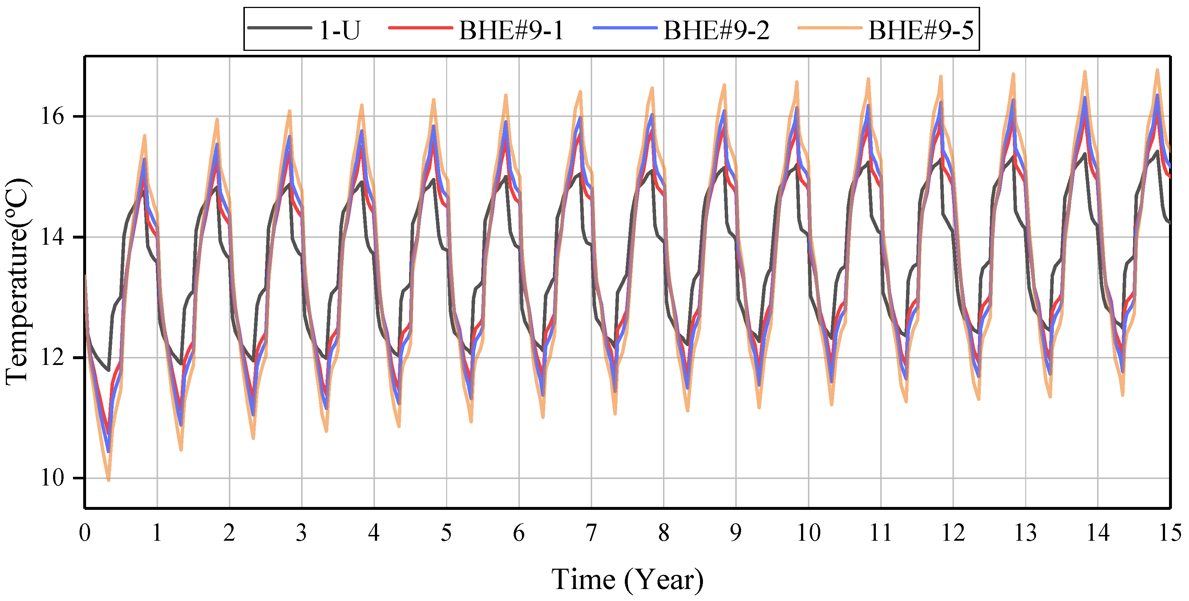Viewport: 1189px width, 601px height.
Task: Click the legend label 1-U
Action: (339, 31)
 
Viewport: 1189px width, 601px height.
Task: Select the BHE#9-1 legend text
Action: (511, 31)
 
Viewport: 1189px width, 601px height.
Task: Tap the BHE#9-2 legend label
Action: (716, 31)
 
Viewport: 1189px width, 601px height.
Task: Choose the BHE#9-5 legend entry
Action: (921, 31)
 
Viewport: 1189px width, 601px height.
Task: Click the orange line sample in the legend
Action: (829, 28)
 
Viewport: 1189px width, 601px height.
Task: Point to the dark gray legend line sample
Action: (279, 28)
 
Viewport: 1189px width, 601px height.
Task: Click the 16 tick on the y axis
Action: (53, 116)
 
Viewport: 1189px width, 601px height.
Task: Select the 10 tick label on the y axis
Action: (53, 478)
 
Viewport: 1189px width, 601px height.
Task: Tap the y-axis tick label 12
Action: (53, 357)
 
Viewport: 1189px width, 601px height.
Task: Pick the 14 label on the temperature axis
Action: (53, 237)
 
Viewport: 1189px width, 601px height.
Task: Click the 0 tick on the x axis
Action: (85, 533)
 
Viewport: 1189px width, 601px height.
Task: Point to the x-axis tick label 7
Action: (591, 533)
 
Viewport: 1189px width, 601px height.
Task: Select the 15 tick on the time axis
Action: (1170, 533)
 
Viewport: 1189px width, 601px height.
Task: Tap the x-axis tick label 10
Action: (808, 533)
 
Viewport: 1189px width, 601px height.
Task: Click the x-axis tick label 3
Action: (302, 533)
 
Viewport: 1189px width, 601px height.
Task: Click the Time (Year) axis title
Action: (627, 580)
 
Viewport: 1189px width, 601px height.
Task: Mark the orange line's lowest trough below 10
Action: (109, 480)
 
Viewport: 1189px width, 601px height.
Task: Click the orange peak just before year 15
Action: (1157, 70)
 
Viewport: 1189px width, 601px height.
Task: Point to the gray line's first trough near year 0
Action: (109, 370)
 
